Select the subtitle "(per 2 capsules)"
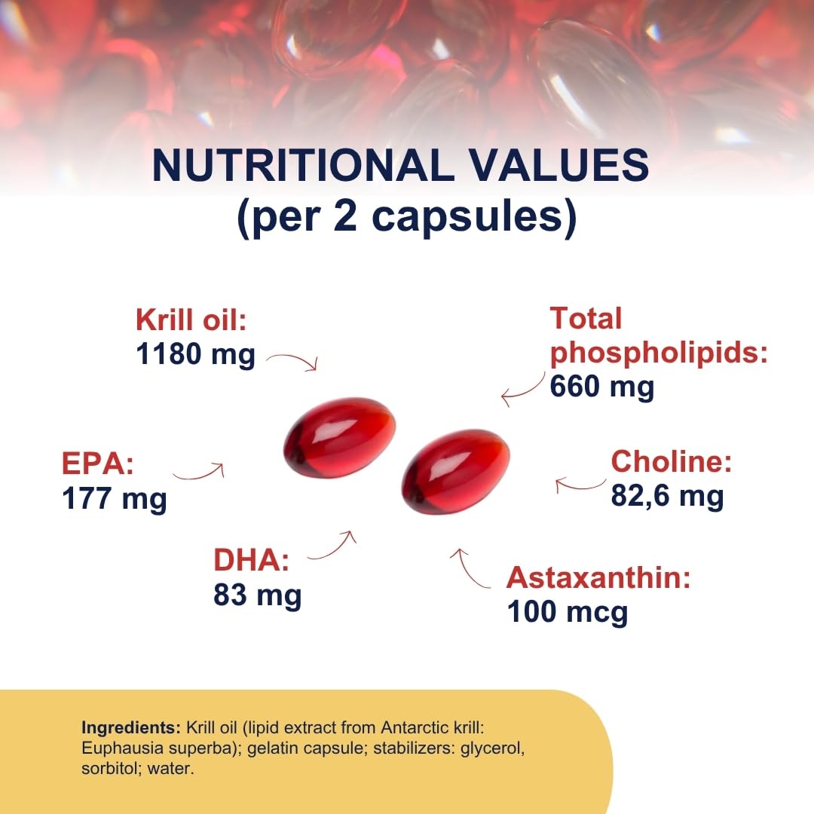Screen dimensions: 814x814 point(407,217)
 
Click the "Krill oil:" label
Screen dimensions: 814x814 point(191,320)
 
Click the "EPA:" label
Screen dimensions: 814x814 point(97,464)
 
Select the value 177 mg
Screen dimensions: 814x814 point(115,498)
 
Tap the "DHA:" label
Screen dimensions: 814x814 point(252,562)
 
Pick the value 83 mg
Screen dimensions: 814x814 point(257,595)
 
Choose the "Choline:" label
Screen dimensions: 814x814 point(671,461)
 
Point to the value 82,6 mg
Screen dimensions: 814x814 point(667,495)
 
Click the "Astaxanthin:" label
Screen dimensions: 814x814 point(598,578)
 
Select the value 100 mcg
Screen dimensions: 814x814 point(567,611)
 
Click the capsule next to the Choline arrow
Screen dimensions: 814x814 point(456,472)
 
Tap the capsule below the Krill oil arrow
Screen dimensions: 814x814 point(339,437)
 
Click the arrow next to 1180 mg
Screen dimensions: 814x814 point(293,361)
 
